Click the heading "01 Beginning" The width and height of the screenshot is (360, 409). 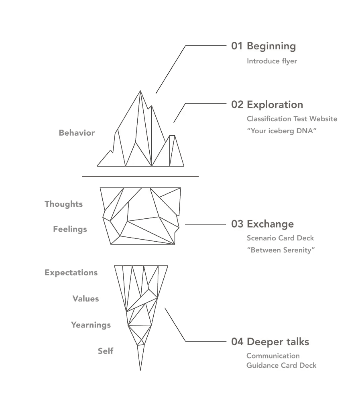tap(263, 46)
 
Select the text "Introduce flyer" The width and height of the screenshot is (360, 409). tap(272, 61)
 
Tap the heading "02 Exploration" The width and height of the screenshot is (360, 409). tap(267, 105)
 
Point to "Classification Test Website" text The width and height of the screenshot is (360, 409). tap(292, 119)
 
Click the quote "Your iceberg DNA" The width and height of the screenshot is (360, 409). tap(282, 130)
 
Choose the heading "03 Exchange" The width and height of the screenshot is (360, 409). tap(262, 224)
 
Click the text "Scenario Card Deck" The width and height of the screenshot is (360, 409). tap(280, 238)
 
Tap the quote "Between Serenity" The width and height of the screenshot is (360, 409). tap(281, 250)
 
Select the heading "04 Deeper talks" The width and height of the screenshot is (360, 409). tap(270, 342)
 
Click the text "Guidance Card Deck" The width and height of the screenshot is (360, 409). tap(281, 365)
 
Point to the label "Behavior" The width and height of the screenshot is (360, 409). tap(77, 133)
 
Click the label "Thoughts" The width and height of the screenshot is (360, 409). tap(63, 204)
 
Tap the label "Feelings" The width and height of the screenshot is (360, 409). tap(70, 229)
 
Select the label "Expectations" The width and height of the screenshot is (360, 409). tap(71, 273)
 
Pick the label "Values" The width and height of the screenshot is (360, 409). tap(85, 299)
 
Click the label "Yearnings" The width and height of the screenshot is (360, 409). tap(91, 325)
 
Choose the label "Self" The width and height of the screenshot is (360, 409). tap(106, 351)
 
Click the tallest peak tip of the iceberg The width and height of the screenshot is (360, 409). tap(140, 91)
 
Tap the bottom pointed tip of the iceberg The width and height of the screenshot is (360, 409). tap(140, 370)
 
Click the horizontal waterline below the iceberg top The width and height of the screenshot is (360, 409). tap(140, 176)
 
